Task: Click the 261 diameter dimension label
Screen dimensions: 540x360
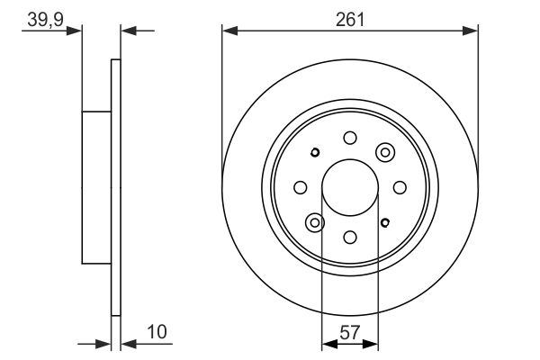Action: pyautogui.click(x=349, y=20)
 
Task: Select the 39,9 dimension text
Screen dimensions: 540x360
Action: pyautogui.click(x=46, y=20)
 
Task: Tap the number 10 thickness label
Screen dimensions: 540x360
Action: pyautogui.click(x=157, y=332)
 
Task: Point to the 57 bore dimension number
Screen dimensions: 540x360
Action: pyautogui.click(x=349, y=332)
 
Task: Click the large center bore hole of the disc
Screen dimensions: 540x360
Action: pyautogui.click(x=350, y=187)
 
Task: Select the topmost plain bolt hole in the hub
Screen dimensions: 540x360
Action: pyautogui.click(x=350, y=138)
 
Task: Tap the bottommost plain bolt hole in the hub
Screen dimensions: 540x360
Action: pyautogui.click(x=350, y=237)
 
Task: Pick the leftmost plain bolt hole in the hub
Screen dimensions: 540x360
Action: pyautogui.click(x=301, y=187)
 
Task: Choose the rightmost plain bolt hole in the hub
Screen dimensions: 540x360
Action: pyautogui.click(x=400, y=187)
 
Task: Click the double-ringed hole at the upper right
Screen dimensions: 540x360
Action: pyautogui.click(x=385, y=152)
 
